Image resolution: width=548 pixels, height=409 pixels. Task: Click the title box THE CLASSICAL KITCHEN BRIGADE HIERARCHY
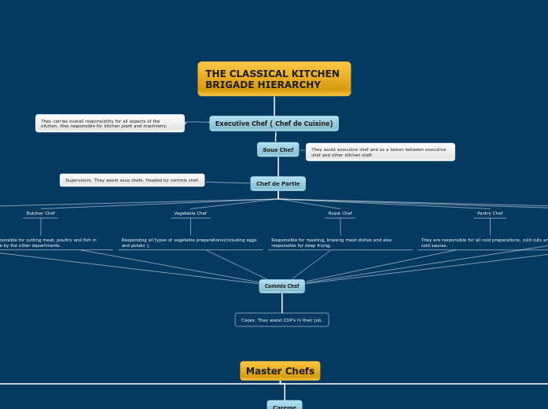coord(274,79)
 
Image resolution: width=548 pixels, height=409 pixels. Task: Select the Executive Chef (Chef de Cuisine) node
coord(274,123)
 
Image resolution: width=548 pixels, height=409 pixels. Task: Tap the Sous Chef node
coord(278,149)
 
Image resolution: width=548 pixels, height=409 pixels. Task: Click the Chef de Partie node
coord(278,183)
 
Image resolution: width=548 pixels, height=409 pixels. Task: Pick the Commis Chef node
coord(281,286)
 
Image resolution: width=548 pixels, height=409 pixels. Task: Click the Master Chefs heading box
coord(280,371)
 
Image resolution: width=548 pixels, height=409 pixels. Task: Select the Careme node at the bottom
coord(284,406)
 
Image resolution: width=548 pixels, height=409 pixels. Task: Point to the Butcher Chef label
coord(41,213)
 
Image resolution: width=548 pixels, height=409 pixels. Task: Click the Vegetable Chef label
coord(190,213)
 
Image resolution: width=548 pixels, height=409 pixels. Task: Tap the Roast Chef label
coord(340,213)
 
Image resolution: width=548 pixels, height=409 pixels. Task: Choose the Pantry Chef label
coord(490,213)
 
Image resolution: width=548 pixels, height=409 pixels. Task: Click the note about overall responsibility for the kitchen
coord(109,123)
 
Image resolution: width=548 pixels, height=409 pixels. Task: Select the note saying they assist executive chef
coord(380,152)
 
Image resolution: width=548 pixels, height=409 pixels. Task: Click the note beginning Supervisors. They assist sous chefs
coord(132,180)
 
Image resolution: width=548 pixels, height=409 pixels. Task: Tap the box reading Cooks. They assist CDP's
coord(281,320)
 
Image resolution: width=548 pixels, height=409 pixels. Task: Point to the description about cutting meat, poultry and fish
coord(47,243)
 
